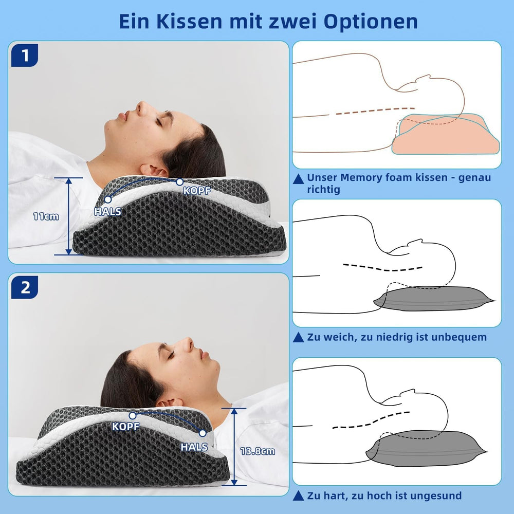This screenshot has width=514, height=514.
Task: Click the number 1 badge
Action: pyautogui.click(x=24, y=56)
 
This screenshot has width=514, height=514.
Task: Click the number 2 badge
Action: pyautogui.click(x=24, y=287)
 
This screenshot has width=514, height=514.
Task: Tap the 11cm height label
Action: pyautogui.click(x=46, y=216)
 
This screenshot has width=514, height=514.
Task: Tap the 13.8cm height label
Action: pyautogui.click(x=258, y=451)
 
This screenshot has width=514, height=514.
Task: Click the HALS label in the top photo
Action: pyautogui.click(x=108, y=211)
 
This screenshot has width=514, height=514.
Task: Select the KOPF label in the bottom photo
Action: pyautogui.click(x=126, y=426)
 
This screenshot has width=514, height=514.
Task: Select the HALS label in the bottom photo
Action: pyautogui.click(x=194, y=447)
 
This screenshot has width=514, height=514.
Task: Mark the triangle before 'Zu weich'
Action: pyautogui.click(x=298, y=338)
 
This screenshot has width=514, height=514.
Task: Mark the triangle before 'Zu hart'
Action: pyautogui.click(x=298, y=496)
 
